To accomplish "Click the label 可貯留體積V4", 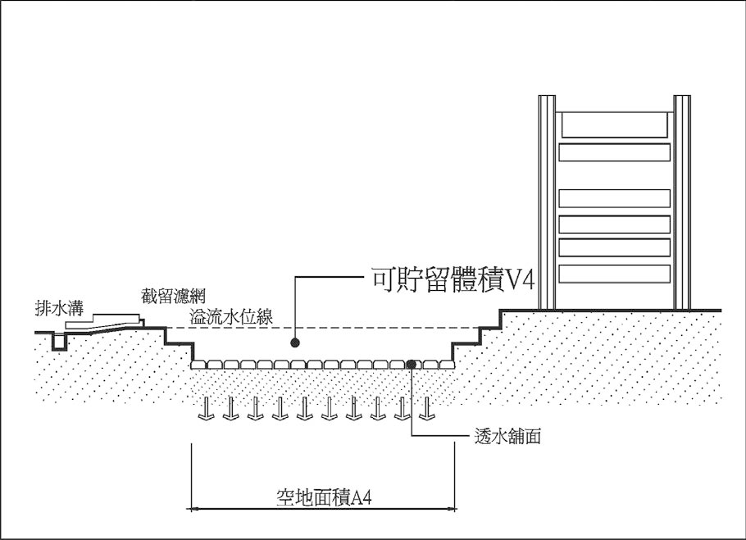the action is [x=453, y=280].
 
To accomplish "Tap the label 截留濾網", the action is [x=173, y=296].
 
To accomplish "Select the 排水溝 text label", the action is [x=60, y=308].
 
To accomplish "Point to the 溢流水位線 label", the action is [x=232, y=317].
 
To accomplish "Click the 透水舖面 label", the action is [x=507, y=436].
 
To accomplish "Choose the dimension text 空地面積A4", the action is [x=324, y=498].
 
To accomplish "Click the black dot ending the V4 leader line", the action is [x=295, y=343].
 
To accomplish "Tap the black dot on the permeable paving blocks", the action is [x=412, y=364].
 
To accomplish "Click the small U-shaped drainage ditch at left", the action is [x=60, y=342].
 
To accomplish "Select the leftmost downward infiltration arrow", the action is [x=206, y=408].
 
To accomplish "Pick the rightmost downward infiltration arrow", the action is [x=427, y=408].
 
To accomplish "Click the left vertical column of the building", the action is [x=547, y=202].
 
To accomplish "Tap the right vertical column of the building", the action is [x=682, y=202].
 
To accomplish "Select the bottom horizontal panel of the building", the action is [x=615, y=274].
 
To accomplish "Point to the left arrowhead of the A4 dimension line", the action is [x=193, y=509].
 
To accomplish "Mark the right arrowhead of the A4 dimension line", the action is [x=453, y=509].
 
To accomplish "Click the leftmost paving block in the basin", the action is [x=198, y=365].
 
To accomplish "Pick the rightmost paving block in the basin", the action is [x=448, y=365].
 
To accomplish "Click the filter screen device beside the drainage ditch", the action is [x=105, y=321].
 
